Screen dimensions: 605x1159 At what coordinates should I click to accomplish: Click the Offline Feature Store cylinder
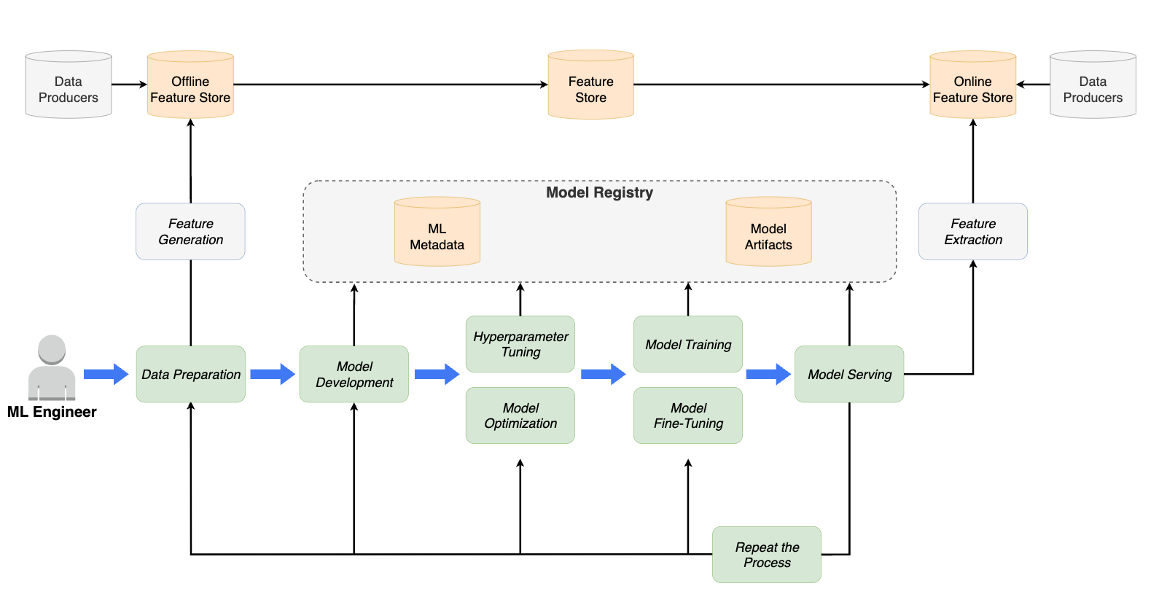(x=190, y=86)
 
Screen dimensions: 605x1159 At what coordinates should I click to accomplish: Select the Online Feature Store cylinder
(x=972, y=86)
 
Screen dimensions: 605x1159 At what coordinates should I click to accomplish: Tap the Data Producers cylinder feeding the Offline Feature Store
(x=69, y=86)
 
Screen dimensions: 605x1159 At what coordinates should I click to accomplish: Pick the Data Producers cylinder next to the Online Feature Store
(x=1093, y=86)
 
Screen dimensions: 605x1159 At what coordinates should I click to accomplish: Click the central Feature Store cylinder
(x=590, y=86)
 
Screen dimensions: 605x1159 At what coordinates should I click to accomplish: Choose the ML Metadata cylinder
(x=437, y=233)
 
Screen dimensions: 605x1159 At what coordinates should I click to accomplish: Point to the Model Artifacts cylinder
(x=768, y=233)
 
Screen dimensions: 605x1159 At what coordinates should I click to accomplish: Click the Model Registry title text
(x=599, y=192)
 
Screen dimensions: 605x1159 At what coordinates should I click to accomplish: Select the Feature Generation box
(x=190, y=232)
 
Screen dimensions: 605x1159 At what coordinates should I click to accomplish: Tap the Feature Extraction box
(x=972, y=232)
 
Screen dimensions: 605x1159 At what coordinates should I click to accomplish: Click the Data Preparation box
(x=190, y=374)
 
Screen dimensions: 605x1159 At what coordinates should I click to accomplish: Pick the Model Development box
(x=354, y=374)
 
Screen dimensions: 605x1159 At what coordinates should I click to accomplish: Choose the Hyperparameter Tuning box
(x=520, y=344)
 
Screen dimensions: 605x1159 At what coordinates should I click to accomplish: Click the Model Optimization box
(x=520, y=415)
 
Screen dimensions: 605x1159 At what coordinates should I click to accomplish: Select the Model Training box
(x=688, y=344)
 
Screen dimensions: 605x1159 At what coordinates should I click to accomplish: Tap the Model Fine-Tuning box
(x=688, y=415)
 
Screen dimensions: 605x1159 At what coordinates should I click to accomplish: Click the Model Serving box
(x=849, y=374)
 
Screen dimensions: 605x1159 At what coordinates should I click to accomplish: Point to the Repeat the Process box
(x=767, y=555)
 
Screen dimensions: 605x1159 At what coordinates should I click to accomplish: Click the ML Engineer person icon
(x=52, y=368)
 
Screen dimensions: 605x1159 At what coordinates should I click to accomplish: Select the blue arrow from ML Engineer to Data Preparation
(x=106, y=374)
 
